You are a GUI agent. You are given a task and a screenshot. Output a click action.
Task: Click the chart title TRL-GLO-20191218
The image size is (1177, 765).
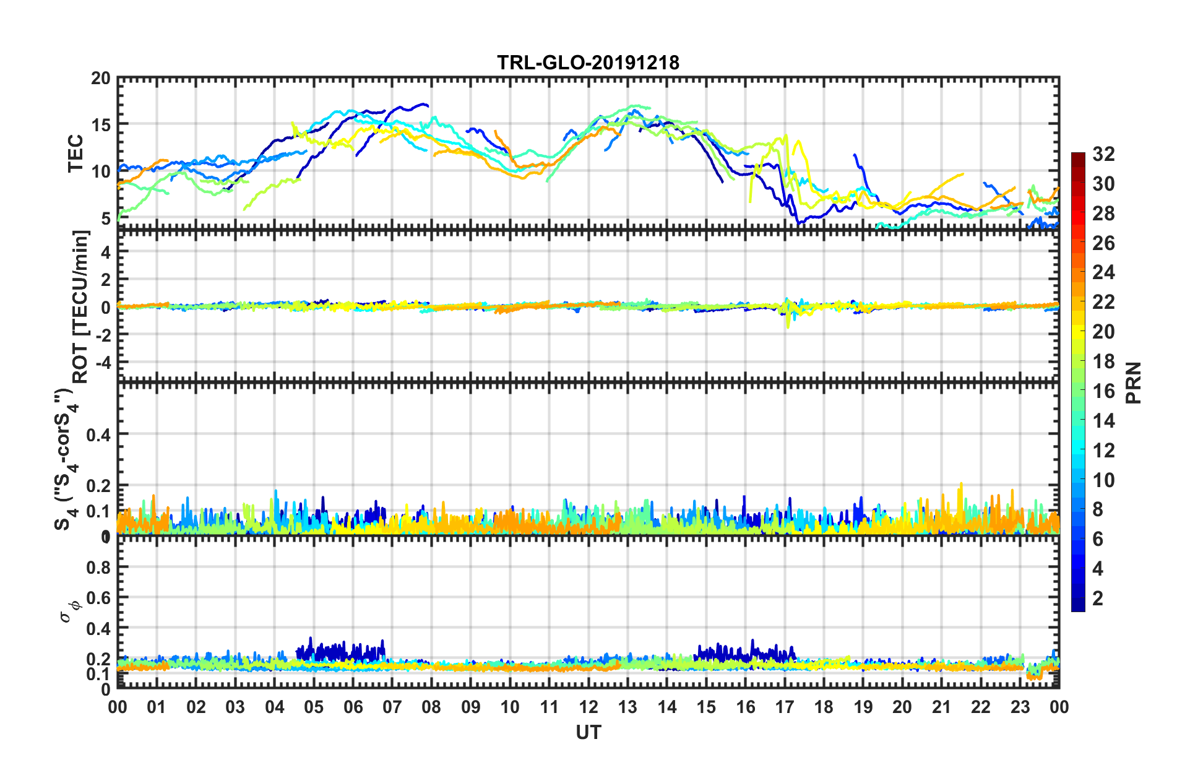coord(588,63)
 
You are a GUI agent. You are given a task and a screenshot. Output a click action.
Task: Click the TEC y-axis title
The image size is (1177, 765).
coord(75,153)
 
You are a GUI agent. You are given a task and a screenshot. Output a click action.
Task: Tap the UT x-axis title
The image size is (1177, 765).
coord(588,732)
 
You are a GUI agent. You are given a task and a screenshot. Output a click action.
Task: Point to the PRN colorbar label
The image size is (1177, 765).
coord(1134,382)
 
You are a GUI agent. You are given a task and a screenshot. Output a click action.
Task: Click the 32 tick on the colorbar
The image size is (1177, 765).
coord(1103,154)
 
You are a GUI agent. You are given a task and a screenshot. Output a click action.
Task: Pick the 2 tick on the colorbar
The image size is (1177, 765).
coord(1098,598)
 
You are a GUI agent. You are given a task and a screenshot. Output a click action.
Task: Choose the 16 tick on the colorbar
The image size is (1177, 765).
coord(1103,391)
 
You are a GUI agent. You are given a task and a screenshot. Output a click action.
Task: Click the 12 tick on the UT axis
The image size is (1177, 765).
coord(588,707)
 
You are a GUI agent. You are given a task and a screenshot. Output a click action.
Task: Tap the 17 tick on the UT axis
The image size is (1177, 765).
coord(785,707)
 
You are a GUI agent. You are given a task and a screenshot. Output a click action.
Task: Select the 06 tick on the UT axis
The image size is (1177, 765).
coord(353,707)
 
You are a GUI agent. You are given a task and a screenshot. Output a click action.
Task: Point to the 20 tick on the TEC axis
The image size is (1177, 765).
coord(100,79)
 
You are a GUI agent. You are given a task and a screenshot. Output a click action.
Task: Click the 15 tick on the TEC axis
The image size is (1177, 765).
coord(100,125)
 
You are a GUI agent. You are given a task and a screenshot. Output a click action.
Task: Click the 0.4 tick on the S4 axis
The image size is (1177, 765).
coord(98,434)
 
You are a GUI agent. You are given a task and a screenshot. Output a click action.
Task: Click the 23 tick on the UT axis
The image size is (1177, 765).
coord(1020,707)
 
